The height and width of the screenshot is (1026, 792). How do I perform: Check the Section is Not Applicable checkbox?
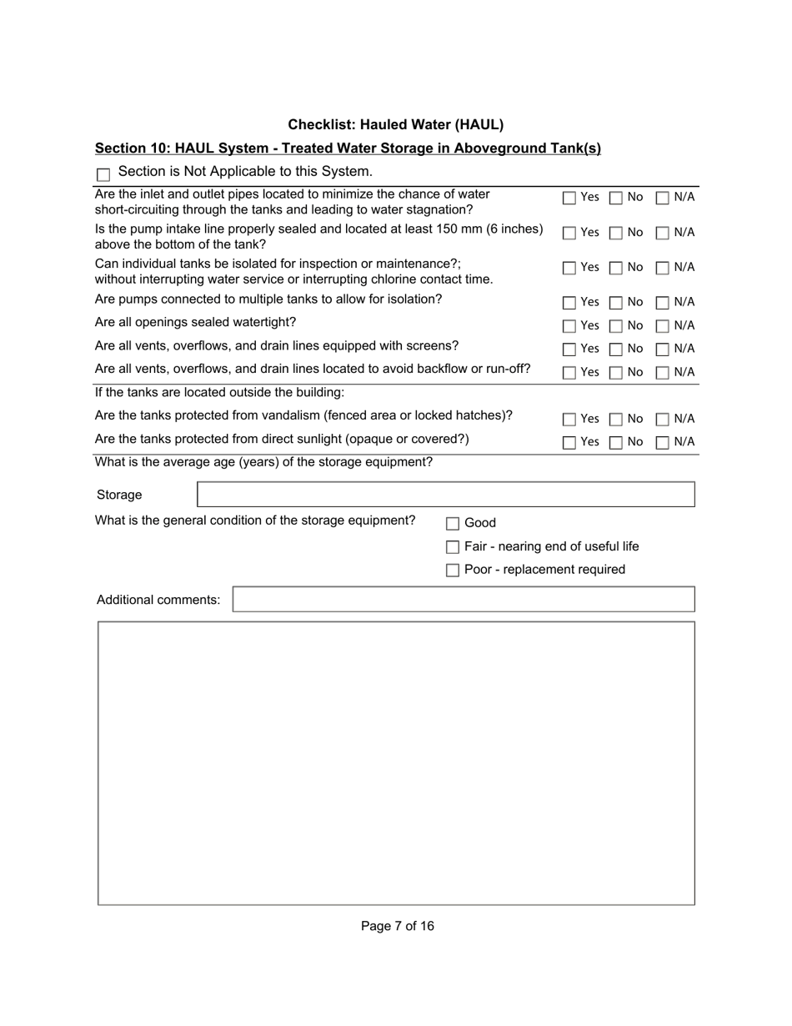coord(103,174)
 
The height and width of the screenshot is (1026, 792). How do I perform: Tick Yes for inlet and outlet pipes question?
coord(569,198)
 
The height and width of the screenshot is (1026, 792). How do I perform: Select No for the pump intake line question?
coord(615,233)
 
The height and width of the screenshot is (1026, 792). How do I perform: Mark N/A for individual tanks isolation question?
coord(663,268)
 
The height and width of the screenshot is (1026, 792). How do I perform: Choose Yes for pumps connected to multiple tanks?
coord(569,302)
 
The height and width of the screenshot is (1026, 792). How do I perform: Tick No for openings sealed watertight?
coord(615,325)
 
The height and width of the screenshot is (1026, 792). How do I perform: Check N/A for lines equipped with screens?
coord(663,349)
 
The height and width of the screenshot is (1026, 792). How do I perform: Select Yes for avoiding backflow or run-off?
coord(569,372)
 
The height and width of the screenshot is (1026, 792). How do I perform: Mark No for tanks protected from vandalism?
coord(615,419)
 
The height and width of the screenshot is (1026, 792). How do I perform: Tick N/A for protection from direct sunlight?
coord(663,442)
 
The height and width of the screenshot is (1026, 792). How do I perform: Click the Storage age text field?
coord(445,495)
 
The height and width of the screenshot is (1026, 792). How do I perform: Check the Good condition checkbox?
coord(453,524)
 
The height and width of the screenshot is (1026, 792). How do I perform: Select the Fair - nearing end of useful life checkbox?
coord(453,547)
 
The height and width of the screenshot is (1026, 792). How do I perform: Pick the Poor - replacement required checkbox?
coord(453,571)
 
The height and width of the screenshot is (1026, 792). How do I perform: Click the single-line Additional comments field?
coord(463,600)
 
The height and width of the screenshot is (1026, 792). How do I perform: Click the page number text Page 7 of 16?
coord(397,926)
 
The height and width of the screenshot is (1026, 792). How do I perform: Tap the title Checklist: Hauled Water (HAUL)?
coord(396,125)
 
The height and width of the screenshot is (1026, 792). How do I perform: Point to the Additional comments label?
coord(158,600)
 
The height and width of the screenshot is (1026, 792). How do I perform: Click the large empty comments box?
coord(396,762)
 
